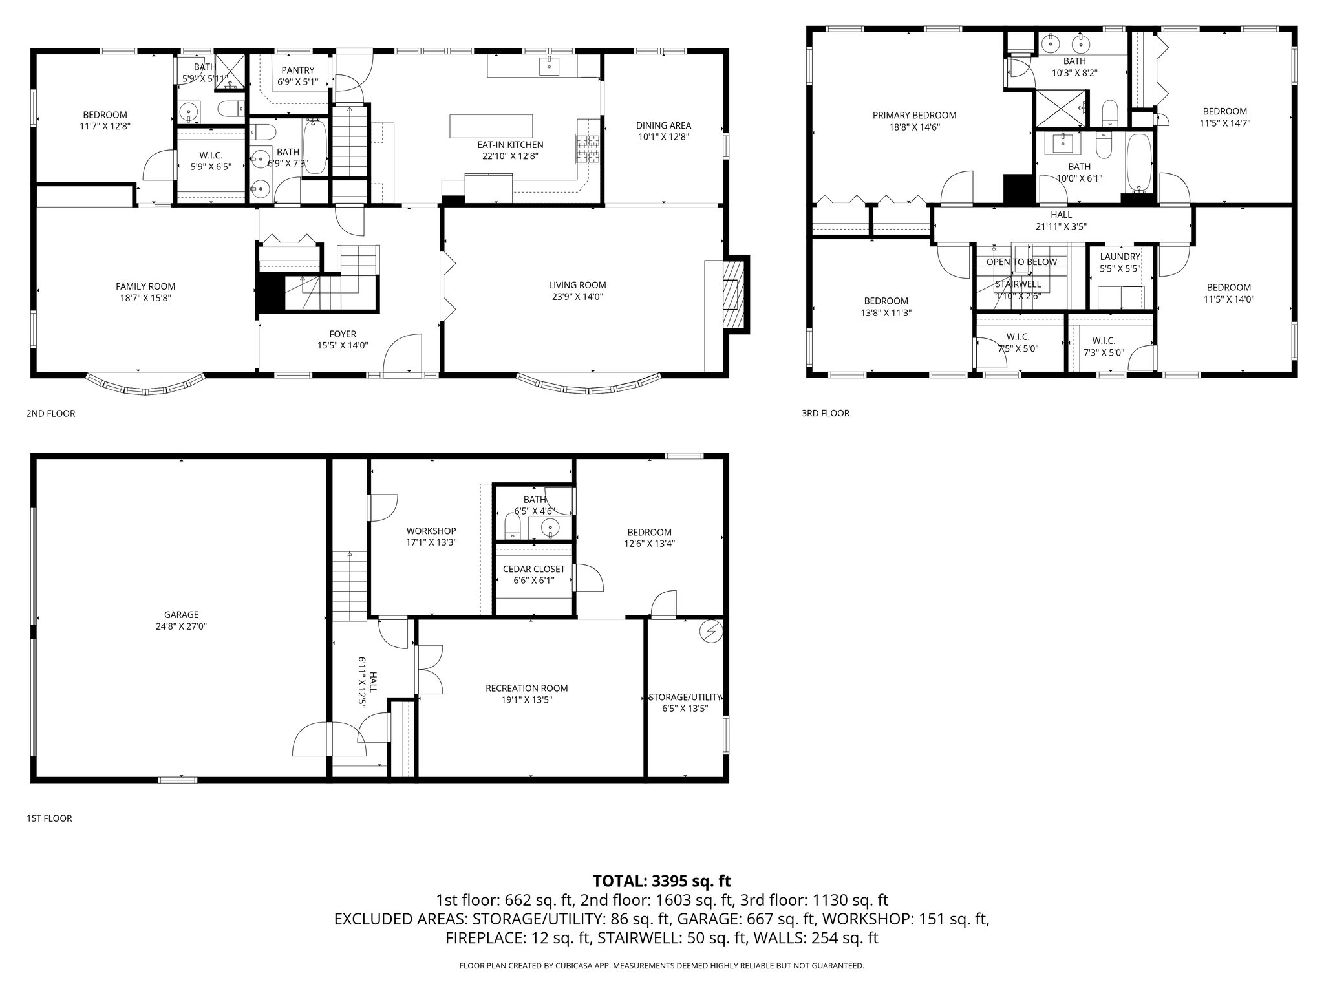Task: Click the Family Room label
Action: click(x=145, y=286)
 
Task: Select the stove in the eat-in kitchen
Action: click(x=588, y=149)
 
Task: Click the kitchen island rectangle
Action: click(x=492, y=125)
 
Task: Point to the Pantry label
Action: click(x=298, y=70)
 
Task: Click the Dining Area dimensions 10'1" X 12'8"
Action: click(x=663, y=137)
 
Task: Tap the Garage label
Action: click(x=181, y=615)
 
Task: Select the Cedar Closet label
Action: click(x=534, y=569)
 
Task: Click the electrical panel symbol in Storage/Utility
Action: click(x=712, y=631)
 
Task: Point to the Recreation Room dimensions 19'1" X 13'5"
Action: click(x=527, y=700)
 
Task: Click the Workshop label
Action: click(x=431, y=531)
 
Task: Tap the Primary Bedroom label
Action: click(x=914, y=116)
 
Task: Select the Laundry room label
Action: click(x=1120, y=257)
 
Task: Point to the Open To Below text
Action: click(x=1021, y=262)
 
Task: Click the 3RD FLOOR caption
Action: click(x=826, y=413)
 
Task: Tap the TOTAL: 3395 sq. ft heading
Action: click(x=661, y=881)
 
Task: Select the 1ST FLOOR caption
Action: click(x=49, y=818)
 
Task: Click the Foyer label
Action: click(x=343, y=334)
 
